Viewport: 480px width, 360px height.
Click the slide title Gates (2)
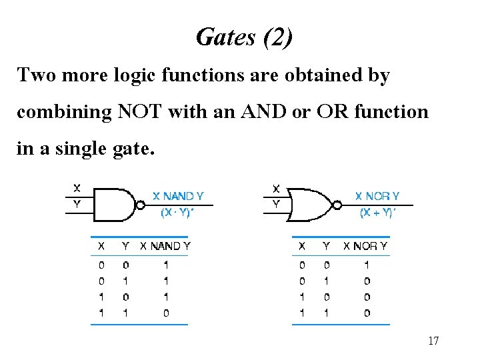[244, 38]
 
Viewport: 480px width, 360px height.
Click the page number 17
[433, 341]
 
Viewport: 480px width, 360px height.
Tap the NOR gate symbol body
[313, 203]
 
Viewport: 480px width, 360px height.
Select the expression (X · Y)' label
[178, 213]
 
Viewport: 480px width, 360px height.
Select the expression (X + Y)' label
[377, 213]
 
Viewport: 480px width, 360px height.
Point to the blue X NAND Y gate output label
[178, 197]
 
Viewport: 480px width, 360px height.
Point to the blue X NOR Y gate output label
[377, 197]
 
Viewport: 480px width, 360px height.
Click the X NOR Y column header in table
[365, 246]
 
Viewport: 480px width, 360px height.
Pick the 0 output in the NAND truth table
[166, 313]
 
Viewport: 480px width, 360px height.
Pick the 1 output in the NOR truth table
[367, 265]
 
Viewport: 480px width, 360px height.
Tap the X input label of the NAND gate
[77, 189]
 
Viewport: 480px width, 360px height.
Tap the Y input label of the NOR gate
[276, 205]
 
